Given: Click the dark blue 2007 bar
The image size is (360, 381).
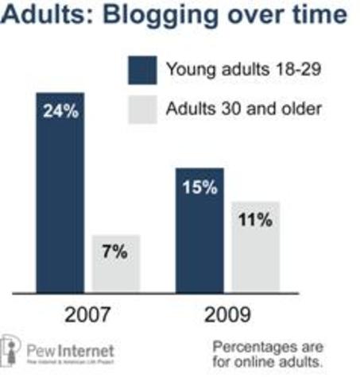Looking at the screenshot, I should click(x=60, y=190).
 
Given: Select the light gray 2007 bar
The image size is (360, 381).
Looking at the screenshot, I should click(x=117, y=263).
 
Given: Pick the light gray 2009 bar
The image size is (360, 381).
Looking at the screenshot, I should click(x=255, y=245).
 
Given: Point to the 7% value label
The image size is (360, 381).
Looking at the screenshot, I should click(x=117, y=253).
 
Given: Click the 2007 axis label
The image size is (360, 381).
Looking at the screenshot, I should click(x=88, y=314).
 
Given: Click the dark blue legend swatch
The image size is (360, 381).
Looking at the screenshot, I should click(x=141, y=69).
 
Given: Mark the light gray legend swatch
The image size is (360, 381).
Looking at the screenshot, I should click(x=141, y=108).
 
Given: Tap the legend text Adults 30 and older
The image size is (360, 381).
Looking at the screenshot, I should click(x=243, y=108).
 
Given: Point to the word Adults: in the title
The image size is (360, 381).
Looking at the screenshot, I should click(x=46, y=16).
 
